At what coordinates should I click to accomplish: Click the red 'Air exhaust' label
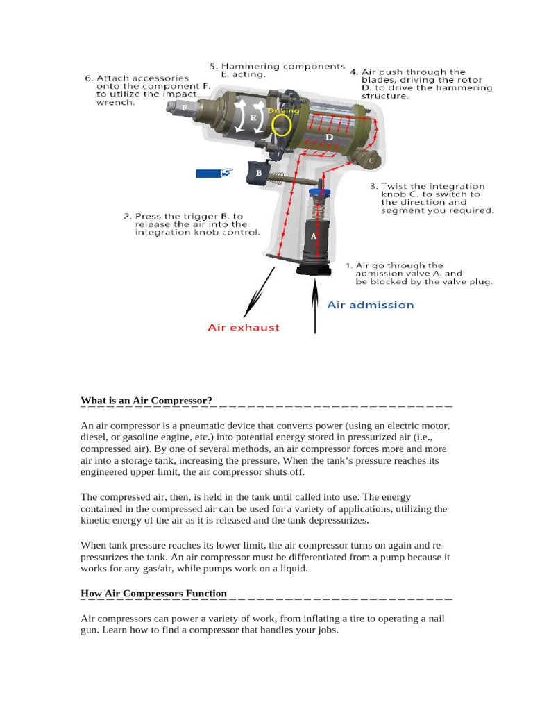click(244, 327)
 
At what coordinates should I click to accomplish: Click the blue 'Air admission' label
click(370, 305)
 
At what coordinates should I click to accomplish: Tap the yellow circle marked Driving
click(281, 124)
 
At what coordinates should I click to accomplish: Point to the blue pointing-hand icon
click(214, 173)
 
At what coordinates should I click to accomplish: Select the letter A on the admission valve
click(313, 236)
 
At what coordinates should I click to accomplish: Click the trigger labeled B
click(258, 173)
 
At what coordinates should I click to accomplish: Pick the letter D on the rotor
click(330, 137)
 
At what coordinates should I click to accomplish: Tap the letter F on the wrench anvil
click(185, 108)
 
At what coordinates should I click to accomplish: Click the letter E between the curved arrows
click(253, 118)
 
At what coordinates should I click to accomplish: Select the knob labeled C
click(371, 161)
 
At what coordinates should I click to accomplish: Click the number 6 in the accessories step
click(88, 78)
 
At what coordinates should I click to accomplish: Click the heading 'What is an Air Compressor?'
click(146, 401)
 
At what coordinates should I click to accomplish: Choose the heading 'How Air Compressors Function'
click(153, 593)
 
